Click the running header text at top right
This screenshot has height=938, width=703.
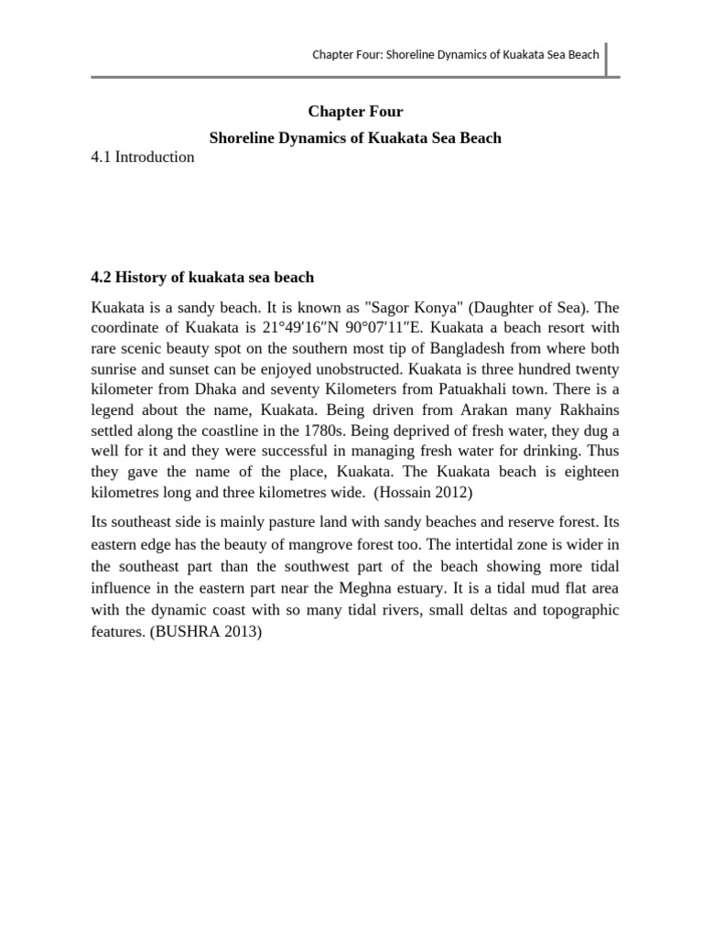click(x=456, y=54)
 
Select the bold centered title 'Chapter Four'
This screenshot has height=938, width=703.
click(x=355, y=112)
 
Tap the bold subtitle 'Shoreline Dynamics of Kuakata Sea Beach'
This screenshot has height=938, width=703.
click(x=355, y=138)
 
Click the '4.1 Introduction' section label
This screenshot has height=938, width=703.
click(x=143, y=157)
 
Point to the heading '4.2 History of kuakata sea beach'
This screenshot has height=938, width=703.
click(x=202, y=277)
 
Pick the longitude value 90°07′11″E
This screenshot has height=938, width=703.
click(x=419, y=328)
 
